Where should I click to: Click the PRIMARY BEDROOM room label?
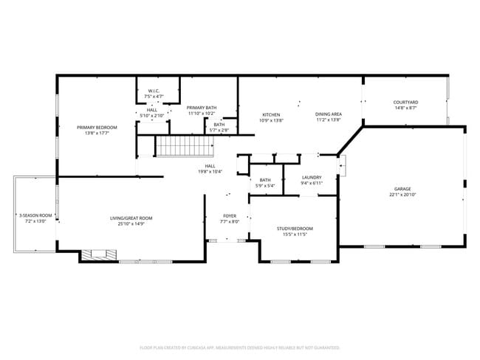coord(97,127)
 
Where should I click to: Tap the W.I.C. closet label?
coord(153,91)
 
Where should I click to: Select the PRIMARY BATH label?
coord(201,108)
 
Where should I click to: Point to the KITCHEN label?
coord(271,114)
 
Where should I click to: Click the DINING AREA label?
coord(328,114)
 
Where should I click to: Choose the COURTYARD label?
coord(405,103)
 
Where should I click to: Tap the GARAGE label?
coord(402,190)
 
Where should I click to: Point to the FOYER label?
coord(230,216)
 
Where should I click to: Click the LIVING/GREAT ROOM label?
coord(131,218)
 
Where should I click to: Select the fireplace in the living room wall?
coord(96,255)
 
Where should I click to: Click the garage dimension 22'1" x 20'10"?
coord(402,195)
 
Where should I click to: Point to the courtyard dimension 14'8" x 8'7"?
coord(405,108)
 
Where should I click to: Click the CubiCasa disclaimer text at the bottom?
coord(239,347)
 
